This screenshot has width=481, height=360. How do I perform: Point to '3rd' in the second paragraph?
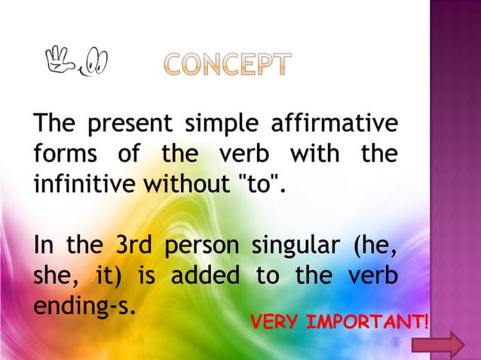(x=133, y=246)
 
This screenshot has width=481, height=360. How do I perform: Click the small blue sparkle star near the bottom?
(x=394, y=343)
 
